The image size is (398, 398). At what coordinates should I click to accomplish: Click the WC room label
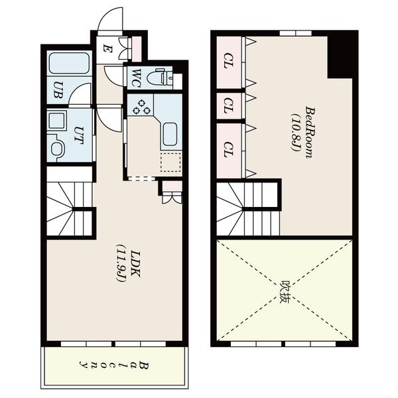pos(136,78)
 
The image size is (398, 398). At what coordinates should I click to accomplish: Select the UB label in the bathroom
pos(58,90)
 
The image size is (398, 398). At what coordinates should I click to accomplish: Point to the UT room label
pos(79,135)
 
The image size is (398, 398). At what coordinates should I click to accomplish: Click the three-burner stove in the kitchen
pos(141,107)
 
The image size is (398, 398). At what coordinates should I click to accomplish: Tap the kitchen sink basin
pos(170,134)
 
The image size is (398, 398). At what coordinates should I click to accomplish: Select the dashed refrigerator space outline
pos(170,163)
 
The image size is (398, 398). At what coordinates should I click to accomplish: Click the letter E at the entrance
pos(107,48)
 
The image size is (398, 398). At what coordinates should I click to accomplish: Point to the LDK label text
pos(135,264)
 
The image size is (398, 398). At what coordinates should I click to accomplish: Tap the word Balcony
pos(113,365)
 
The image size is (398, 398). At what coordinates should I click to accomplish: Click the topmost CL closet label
pos(229,60)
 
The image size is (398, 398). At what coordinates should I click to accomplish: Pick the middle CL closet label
pos(229,105)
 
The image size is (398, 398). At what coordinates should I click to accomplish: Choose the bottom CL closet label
pos(229,149)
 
